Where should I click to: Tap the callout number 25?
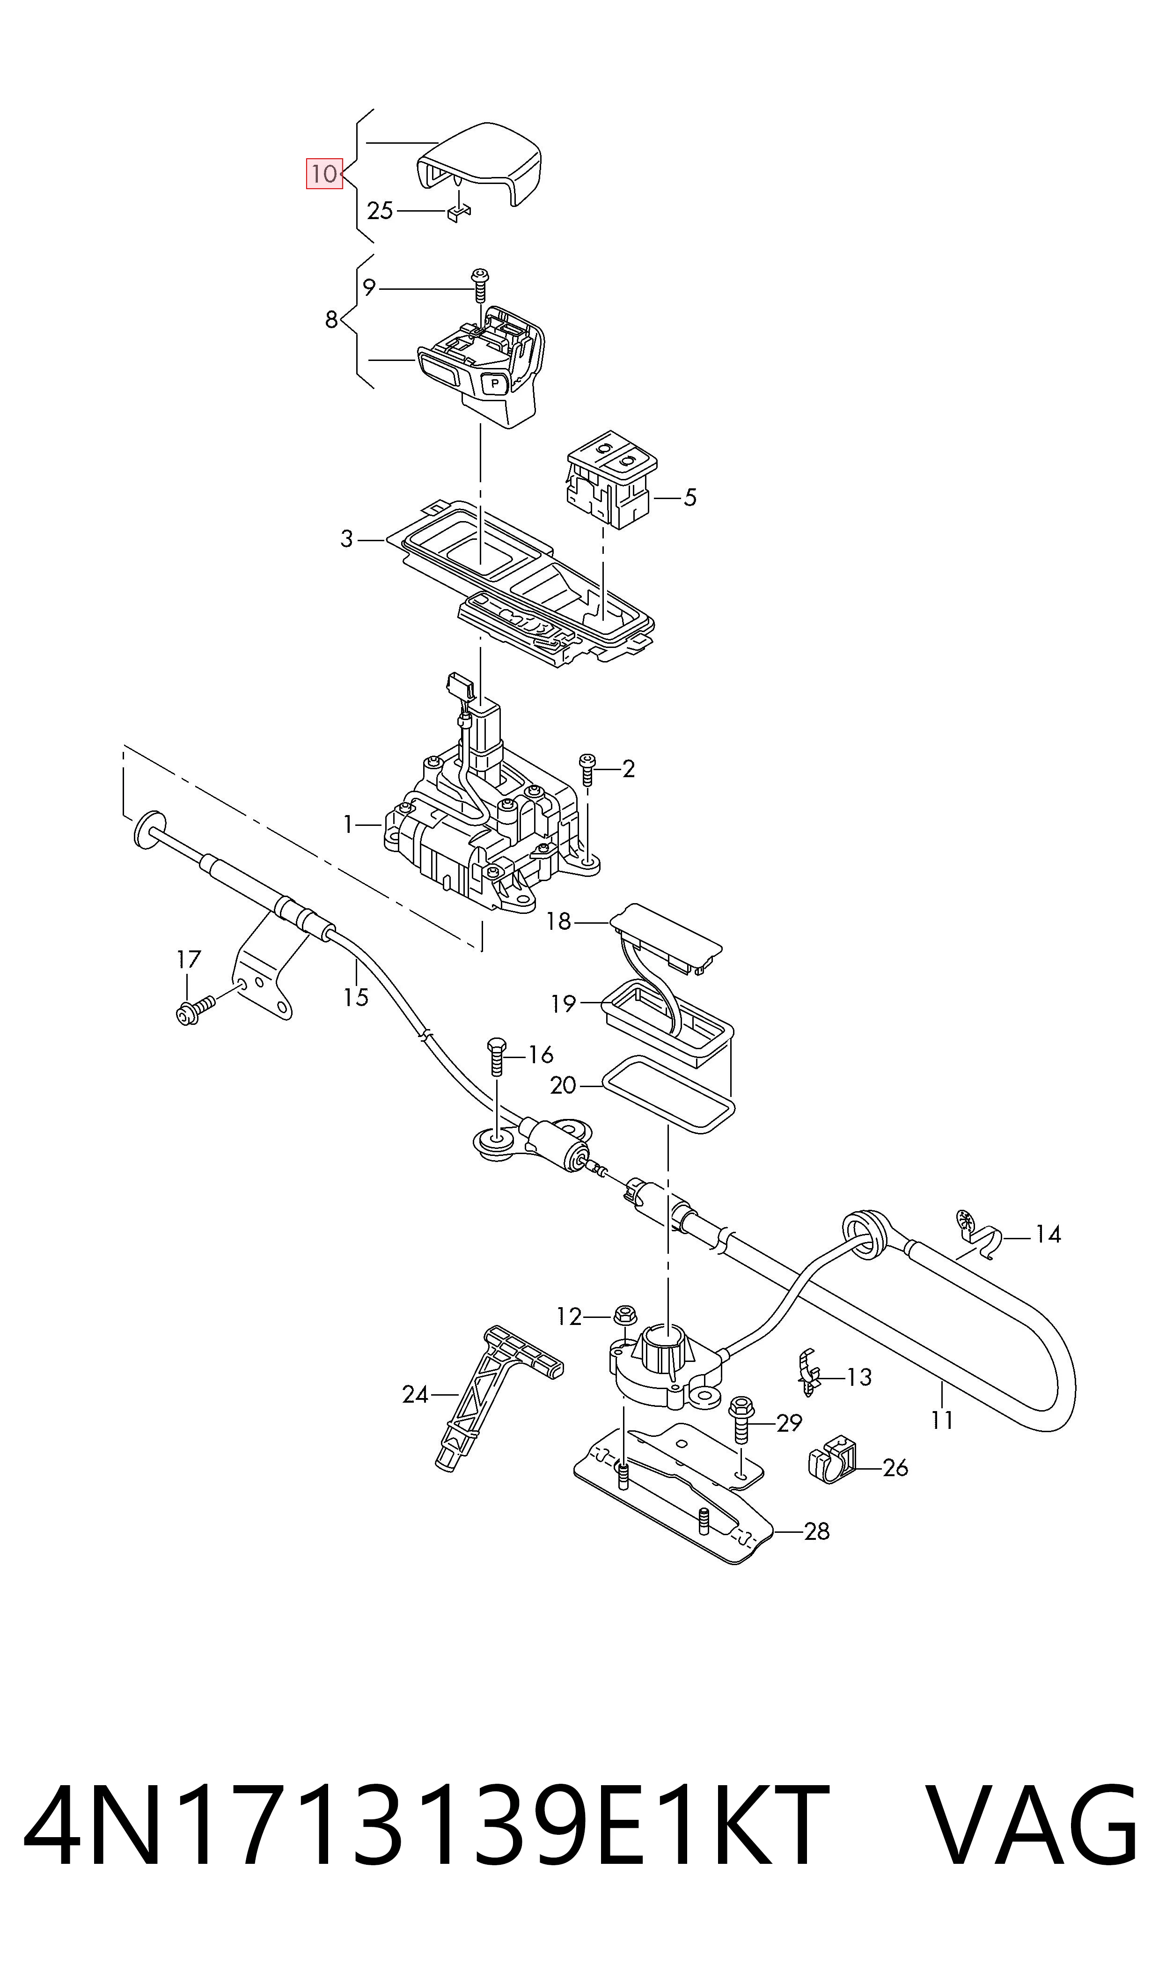click(x=380, y=211)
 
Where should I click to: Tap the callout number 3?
click(x=346, y=539)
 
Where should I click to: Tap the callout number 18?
click(x=558, y=921)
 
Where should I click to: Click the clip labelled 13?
click(x=808, y=1373)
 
